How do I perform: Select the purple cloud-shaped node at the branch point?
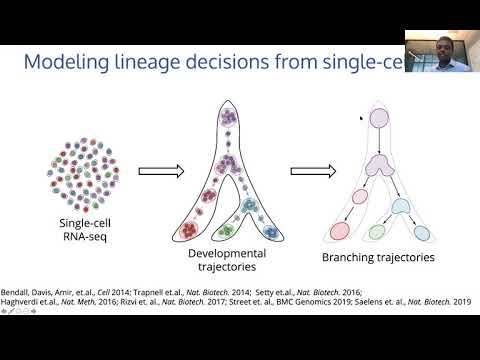(384, 167)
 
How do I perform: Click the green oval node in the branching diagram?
(377, 232)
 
